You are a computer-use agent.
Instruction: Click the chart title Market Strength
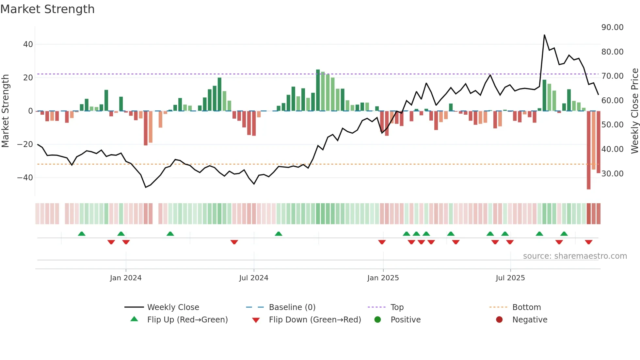(x=47, y=9)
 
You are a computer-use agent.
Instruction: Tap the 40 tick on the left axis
(x=28, y=44)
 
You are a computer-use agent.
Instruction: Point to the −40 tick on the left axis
(x=25, y=178)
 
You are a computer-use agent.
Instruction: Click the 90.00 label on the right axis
(x=612, y=27)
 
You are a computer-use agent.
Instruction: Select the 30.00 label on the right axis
(x=612, y=173)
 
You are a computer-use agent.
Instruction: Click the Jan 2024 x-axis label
(x=126, y=278)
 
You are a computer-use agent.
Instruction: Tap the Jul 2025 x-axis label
(x=510, y=278)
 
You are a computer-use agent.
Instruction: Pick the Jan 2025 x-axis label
(x=383, y=278)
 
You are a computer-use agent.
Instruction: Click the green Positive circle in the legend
(x=378, y=320)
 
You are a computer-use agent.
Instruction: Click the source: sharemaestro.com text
(x=575, y=256)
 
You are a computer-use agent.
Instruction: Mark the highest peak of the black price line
(x=544, y=35)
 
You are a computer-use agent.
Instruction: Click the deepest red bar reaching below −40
(x=588, y=150)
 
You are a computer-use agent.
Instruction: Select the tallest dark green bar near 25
(x=318, y=90)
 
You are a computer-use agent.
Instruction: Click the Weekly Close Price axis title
(x=634, y=111)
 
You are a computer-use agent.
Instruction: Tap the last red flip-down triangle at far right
(x=588, y=242)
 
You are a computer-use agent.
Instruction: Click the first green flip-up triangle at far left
(x=82, y=234)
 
